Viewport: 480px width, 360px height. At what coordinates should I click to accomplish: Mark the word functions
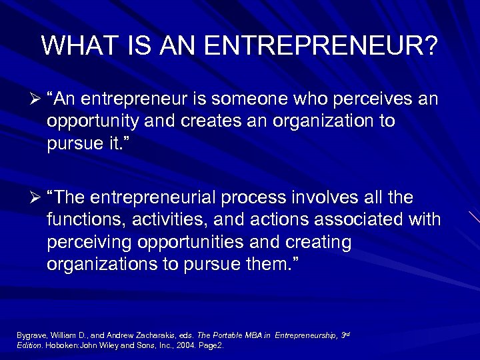pyautogui.click(x=87, y=219)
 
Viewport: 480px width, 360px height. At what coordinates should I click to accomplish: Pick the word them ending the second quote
pyautogui.click(x=270, y=263)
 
